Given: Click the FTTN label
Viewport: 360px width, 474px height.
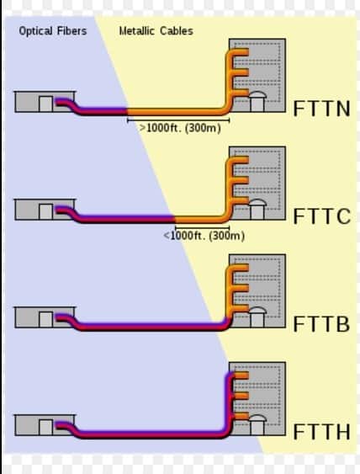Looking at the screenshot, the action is (x=321, y=109).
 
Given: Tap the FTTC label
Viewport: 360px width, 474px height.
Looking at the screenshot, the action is (x=322, y=216).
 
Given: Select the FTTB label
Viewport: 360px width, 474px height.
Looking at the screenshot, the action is (x=321, y=324).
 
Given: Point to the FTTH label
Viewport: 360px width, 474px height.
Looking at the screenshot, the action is (x=321, y=432).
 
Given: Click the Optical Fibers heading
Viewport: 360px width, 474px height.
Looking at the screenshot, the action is (x=53, y=31).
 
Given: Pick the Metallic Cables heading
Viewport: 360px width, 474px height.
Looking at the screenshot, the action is (x=156, y=31).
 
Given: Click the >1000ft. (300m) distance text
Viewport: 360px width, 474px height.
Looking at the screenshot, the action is (x=180, y=128).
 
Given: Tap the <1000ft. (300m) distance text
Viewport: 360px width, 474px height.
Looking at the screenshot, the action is (x=204, y=236).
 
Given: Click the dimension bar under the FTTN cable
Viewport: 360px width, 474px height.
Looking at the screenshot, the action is (x=178, y=120).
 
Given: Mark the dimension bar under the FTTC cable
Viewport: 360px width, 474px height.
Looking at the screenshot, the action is (x=202, y=226).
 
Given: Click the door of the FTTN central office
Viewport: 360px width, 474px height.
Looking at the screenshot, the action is (x=45, y=104).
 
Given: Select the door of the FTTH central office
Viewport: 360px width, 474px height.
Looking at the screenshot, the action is (x=45, y=427).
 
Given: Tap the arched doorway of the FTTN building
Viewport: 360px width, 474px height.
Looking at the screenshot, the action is (x=257, y=102).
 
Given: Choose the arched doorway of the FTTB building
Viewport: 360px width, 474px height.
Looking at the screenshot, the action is (x=257, y=317).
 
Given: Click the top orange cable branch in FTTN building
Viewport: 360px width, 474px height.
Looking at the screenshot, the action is (x=241, y=52).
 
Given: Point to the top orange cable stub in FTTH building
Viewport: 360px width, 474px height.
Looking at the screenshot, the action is (x=241, y=375).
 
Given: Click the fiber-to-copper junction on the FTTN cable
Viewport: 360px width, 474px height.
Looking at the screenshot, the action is (x=127, y=111).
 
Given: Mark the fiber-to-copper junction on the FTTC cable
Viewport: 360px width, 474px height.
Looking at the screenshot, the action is (x=175, y=219).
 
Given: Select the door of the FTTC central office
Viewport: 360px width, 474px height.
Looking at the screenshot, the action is (x=45, y=212).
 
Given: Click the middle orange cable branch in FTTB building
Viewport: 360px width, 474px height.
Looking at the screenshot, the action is (x=241, y=288).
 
